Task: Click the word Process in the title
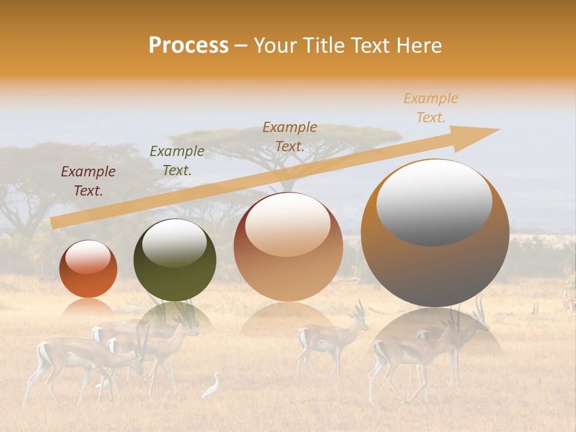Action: [188, 46]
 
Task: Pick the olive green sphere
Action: [175, 264]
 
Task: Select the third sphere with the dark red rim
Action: [288, 252]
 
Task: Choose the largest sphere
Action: [435, 240]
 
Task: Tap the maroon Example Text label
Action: [88, 181]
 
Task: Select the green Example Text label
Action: [177, 161]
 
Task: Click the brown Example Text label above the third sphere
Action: [290, 137]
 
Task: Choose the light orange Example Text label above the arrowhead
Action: [431, 108]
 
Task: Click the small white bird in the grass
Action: [212, 387]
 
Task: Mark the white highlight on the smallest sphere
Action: [88, 257]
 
